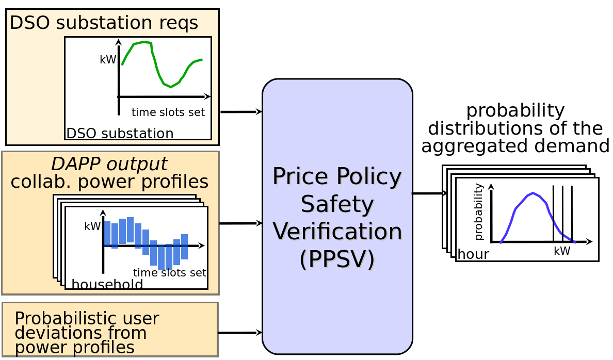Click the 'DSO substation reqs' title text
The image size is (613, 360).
click(x=104, y=23)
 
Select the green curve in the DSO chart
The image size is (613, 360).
click(x=156, y=67)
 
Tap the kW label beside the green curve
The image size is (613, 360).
click(x=107, y=60)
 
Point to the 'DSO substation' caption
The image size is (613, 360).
click(x=120, y=134)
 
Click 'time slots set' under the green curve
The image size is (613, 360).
click(x=168, y=112)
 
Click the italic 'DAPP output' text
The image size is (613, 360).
click(x=109, y=164)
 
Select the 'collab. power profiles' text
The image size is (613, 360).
click(x=109, y=182)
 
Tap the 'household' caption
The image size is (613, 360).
click(x=107, y=284)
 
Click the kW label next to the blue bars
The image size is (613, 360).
click(x=92, y=226)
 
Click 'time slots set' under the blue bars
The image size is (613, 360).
click(x=170, y=273)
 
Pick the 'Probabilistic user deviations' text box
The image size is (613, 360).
click(x=110, y=330)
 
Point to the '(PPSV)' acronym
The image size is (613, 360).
click(x=337, y=259)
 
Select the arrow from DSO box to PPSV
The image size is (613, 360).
click(x=241, y=112)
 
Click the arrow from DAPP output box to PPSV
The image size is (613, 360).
click(x=241, y=223)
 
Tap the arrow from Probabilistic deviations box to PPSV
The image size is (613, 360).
click(x=240, y=333)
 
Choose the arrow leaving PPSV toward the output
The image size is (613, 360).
click(x=429, y=193)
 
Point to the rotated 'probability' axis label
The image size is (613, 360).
click(x=478, y=212)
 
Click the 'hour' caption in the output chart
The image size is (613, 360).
click(x=473, y=254)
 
